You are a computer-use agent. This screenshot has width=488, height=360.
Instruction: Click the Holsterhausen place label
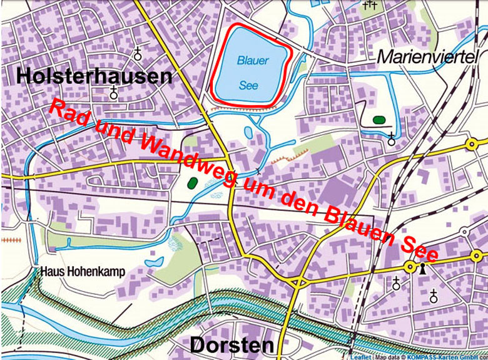[94, 76]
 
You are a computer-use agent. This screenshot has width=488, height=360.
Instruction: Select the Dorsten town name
[231, 344]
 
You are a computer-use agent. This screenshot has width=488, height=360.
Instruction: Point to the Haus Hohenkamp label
[83, 272]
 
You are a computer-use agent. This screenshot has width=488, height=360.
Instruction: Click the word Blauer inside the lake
[253, 61]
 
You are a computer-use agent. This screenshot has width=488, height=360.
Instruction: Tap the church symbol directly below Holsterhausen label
[113, 94]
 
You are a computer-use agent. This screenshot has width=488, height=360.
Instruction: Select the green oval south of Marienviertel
[378, 118]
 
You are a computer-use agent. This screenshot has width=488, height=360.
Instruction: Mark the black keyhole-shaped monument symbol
[423, 269]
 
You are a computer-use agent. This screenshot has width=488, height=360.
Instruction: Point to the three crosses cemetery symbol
[370, 5]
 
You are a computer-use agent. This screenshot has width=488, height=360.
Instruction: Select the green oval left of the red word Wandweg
[193, 182]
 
